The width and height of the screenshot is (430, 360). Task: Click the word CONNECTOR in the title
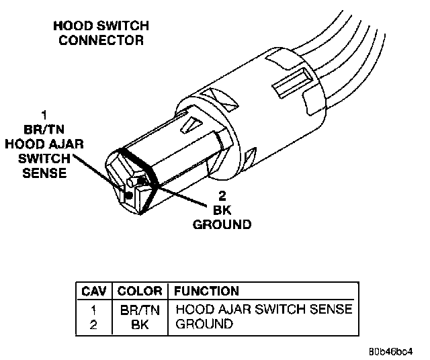click(101, 40)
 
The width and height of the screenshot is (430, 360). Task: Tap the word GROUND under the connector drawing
click(222, 224)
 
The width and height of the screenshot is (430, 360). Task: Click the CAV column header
click(93, 291)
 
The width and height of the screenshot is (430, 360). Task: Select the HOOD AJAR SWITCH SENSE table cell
click(263, 310)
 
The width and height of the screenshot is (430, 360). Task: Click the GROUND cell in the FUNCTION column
click(204, 324)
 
